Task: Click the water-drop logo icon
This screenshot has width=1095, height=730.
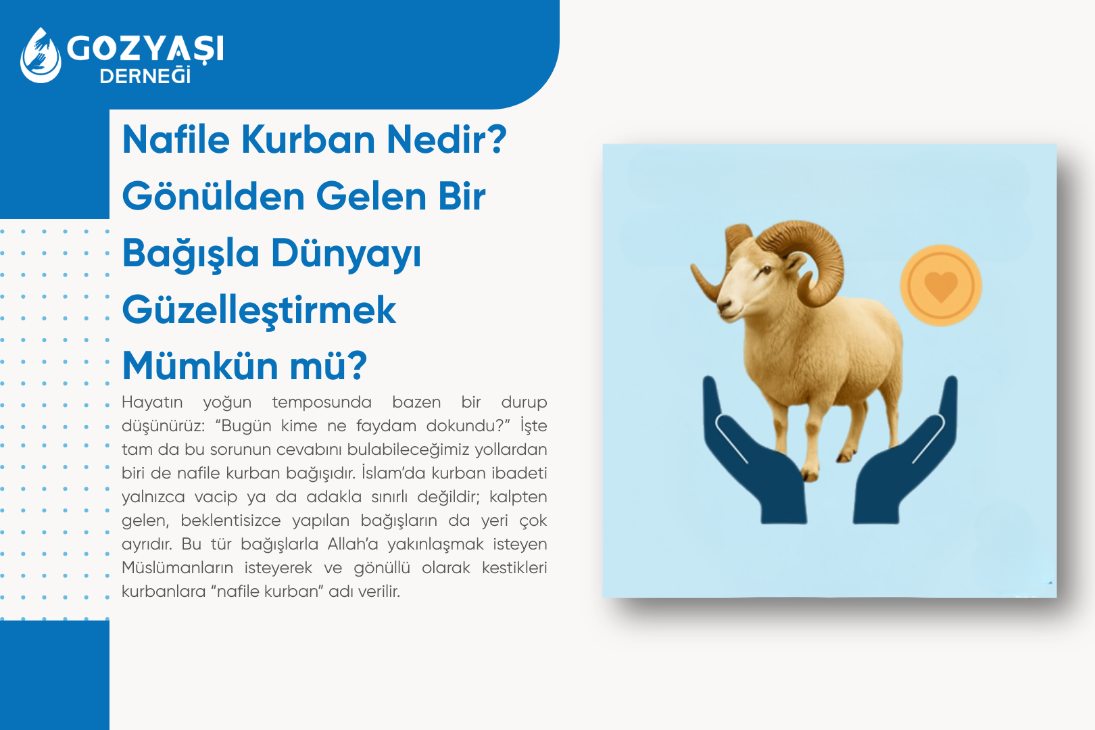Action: tap(41, 55)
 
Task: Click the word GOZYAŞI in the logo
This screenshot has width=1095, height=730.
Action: tap(145, 49)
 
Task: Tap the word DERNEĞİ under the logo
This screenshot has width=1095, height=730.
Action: tap(145, 76)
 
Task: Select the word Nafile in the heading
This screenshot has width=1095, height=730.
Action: tap(176, 140)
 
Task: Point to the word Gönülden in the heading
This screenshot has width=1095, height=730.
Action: tap(214, 197)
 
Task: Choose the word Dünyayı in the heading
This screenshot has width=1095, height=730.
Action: tap(346, 254)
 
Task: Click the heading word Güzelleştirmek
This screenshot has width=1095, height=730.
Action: tap(259, 310)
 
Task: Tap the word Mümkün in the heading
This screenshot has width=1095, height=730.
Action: tap(200, 366)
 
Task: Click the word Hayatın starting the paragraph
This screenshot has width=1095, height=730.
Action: tap(152, 402)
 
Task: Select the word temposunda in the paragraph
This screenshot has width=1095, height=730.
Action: tap(322, 402)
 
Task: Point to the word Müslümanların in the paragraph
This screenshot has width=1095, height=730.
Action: tap(177, 568)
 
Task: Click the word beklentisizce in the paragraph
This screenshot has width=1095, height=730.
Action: tap(230, 520)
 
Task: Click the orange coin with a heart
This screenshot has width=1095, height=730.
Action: tap(940, 286)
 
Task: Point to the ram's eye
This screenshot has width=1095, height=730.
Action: tap(765, 272)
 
